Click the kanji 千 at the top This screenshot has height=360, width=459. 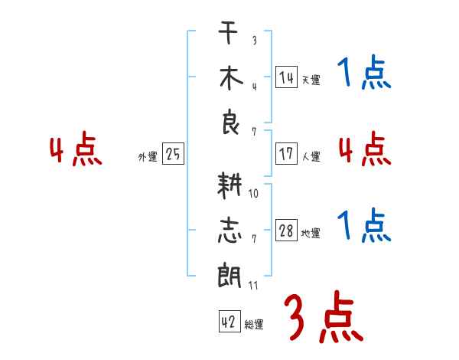click(228, 32)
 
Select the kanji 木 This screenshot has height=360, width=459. click(231, 78)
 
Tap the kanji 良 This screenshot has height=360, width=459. click(230, 122)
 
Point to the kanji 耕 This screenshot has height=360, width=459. click(229, 185)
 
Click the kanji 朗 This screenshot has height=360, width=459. click(229, 276)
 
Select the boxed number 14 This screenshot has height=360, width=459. click(287, 77)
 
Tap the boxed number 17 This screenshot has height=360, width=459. click(287, 154)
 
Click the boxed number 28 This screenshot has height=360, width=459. click(287, 230)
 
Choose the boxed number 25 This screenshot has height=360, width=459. click(173, 154)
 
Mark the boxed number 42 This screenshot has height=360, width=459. click(229, 321)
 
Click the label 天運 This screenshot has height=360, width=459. click(311, 80)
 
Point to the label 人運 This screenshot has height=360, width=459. click(311, 156)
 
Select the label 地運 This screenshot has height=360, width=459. click(311, 233)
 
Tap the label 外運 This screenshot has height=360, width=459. click(148, 157)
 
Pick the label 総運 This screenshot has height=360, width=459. click(254, 324)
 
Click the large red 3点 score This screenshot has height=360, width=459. click(324, 316)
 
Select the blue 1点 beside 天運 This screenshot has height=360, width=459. click(364, 72)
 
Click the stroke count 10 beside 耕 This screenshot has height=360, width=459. click(253, 194)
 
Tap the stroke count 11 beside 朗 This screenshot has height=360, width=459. click(253, 286)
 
